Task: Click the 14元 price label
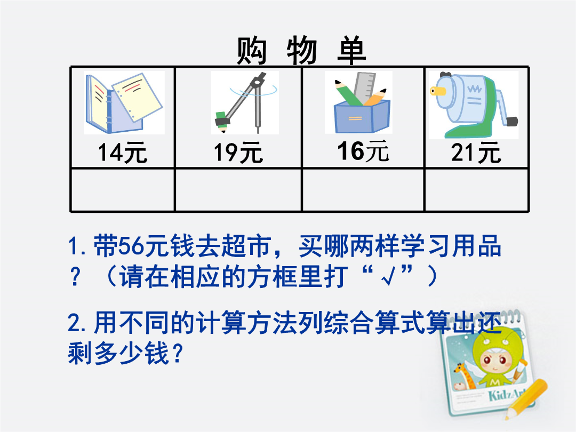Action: pos(123,153)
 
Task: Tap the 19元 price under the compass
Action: pos(238,153)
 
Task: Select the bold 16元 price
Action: pos(363,150)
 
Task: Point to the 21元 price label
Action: pos(476,153)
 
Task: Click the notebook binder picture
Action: pos(124,103)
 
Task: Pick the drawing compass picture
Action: pos(245,103)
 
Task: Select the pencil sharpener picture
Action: pos(474,105)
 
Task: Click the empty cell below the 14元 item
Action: pos(122,190)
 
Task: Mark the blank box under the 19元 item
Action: pos(238,190)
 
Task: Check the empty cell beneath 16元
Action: pos(363,190)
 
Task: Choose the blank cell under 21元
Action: pos(476,190)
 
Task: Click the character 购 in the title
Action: pos(251,51)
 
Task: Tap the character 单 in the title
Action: pos(351,51)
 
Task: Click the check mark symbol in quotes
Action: pos(388,278)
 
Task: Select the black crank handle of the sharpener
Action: pos(512,122)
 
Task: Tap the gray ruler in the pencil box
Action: pos(364,87)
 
